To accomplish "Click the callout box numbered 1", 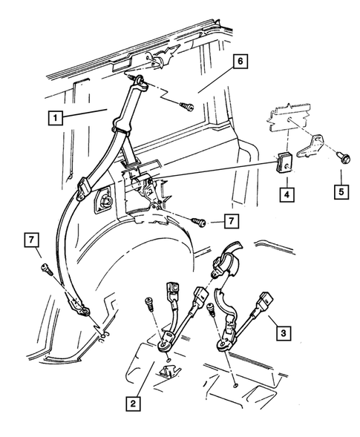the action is coord(56,118).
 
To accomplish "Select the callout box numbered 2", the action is coord(133,404).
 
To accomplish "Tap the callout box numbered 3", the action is coord(284,333).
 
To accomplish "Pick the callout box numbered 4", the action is coord(287,194).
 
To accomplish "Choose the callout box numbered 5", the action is coord(341,191).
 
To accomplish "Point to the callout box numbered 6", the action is coord(240,62).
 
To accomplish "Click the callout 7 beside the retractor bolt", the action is coord(232,221).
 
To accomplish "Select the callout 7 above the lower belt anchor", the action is coord(32,240).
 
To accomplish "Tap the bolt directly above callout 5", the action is coord(343,157).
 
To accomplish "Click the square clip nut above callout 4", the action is coord(284,162).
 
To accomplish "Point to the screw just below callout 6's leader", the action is coord(187,106).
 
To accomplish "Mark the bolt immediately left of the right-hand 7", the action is coord(198,222).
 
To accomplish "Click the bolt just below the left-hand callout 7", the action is coord(47,270).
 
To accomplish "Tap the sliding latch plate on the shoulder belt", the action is coord(83,189).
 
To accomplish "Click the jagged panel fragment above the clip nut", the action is coord(289,116).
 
